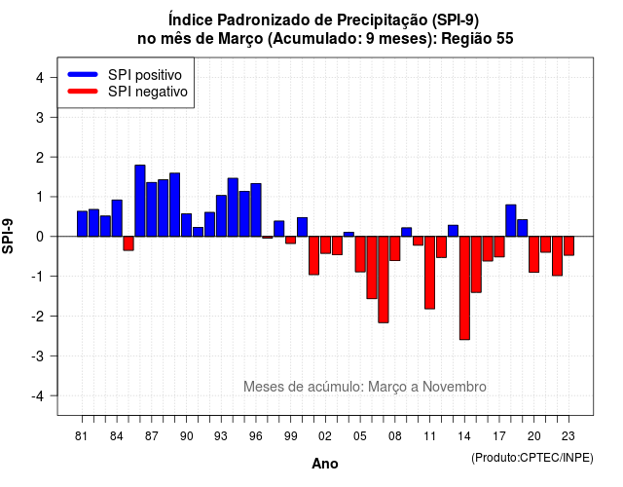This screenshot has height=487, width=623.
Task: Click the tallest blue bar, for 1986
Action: click(140, 201)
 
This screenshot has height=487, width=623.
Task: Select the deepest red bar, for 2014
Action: click(464, 288)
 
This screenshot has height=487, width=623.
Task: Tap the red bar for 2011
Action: click(429, 273)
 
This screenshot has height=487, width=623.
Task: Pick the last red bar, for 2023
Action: click(568, 245)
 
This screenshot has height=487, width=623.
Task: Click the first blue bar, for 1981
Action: click(82, 224)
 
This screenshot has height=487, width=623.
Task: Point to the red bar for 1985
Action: click(128, 243)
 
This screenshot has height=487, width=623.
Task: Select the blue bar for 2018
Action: click(511, 221)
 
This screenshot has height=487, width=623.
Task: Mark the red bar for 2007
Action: click(384, 280)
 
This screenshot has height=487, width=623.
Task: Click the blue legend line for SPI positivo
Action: click(83, 74)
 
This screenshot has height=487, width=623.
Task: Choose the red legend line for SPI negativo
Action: click(83, 92)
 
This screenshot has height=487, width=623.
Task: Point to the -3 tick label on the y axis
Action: click(38, 356)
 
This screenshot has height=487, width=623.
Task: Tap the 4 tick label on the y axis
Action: click(40, 78)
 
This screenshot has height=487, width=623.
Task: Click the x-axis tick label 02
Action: click(325, 436)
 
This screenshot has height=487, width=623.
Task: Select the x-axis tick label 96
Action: click(256, 436)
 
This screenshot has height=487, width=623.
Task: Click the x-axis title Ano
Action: click(325, 464)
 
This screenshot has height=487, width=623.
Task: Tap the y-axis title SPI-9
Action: click(8, 236)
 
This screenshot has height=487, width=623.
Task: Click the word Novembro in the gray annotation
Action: click(455, 387)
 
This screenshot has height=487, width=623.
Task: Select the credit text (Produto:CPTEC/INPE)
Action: click(532, 458)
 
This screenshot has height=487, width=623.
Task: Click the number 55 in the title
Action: click(504, 39)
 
